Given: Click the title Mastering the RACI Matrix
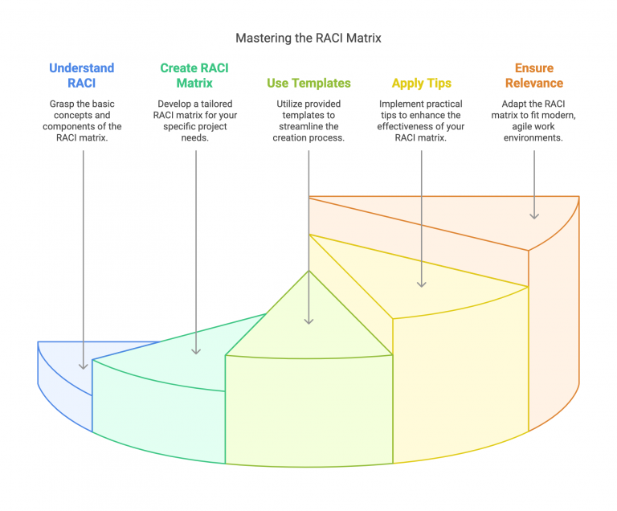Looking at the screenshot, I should coord(308,38).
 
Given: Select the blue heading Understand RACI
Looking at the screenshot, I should coord(81,76).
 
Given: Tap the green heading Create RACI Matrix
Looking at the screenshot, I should coord(194,76).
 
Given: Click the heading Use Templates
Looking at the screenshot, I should coord(308,83).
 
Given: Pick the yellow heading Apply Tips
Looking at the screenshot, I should coord(421,83).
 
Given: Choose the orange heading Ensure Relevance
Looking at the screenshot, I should coord(534,76).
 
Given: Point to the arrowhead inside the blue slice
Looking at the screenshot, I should coord(83,366).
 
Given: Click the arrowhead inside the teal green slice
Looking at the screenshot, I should coord(195,350).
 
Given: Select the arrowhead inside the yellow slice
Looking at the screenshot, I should coord(422,283).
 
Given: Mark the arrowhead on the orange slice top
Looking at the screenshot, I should coord(534,215).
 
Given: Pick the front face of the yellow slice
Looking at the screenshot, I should coord(458,378).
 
